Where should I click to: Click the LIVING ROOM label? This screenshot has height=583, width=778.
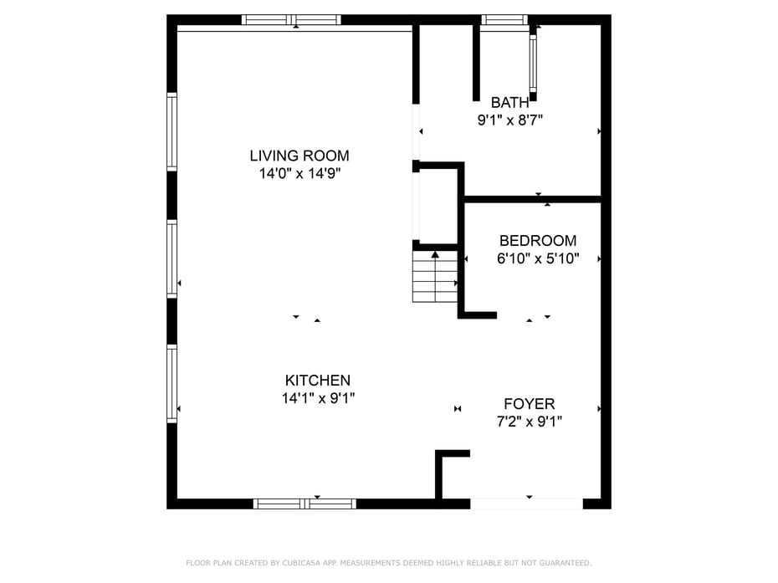coord(299,156)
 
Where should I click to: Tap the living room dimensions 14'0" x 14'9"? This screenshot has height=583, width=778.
coord(299,174)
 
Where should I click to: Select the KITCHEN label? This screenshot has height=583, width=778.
coord(317,381)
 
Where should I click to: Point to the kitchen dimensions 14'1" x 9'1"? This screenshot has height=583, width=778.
coord(318,399)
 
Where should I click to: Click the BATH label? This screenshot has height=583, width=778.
coord(509,103)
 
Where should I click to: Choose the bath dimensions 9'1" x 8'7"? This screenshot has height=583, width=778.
coord(509,120)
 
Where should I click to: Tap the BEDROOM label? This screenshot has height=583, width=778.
coord(537,241)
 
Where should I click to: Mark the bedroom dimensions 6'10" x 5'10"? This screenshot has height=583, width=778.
coord(537,259)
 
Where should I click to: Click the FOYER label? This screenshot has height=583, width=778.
coord(529,404)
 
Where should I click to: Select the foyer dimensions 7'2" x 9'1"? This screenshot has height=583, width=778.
coord(529,422)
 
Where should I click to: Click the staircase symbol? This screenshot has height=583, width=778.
coord(435,279)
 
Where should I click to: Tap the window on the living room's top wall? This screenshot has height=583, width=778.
coord(291,19)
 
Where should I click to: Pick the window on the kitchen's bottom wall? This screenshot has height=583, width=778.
coord(305,504)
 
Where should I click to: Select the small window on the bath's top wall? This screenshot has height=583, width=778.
coord(505,19)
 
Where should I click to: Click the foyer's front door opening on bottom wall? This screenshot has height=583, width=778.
coord(526,504)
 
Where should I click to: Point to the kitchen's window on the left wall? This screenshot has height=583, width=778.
coord(171,382)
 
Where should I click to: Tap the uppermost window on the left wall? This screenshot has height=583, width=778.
coord(171,131)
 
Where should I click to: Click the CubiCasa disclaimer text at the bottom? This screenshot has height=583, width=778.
coord(388,563)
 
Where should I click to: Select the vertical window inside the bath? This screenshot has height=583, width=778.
coord(533,63)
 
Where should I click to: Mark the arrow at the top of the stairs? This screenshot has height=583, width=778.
coord(435,254)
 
